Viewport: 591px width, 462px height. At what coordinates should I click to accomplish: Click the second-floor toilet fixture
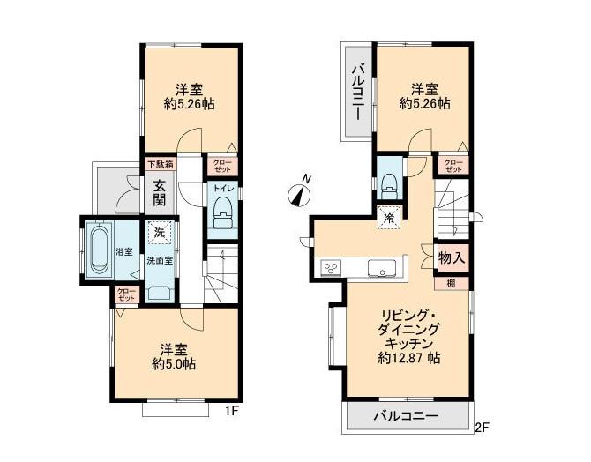387,186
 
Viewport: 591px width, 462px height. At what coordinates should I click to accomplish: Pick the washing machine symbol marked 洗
159,233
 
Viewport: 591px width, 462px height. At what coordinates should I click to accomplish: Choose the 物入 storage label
452,257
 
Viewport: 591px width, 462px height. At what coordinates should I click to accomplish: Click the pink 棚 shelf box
452,282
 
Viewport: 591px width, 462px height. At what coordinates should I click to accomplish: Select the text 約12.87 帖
409,359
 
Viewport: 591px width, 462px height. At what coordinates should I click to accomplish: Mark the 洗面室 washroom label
159,261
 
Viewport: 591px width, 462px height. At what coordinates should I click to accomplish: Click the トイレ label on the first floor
221,188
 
